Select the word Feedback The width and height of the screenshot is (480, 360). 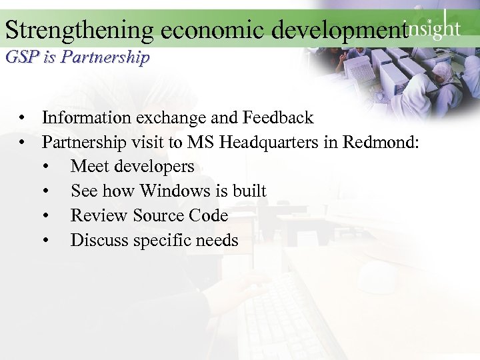tap(278, 118)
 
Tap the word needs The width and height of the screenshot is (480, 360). tap(217, 240)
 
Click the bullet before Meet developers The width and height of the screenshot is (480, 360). tap(45, 167)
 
